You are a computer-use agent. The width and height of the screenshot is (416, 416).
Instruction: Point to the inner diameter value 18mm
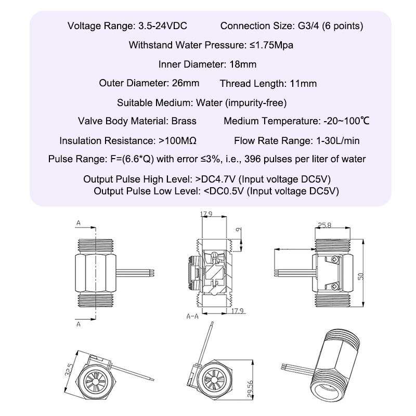coord(243,64)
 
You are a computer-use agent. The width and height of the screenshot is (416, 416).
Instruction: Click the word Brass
coord(184,121)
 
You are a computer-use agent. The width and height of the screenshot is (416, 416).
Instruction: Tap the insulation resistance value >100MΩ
coord(177,140)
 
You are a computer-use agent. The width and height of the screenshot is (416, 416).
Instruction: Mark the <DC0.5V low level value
coord(224,191)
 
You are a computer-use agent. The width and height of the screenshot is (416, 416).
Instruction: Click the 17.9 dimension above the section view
coord(207,214)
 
